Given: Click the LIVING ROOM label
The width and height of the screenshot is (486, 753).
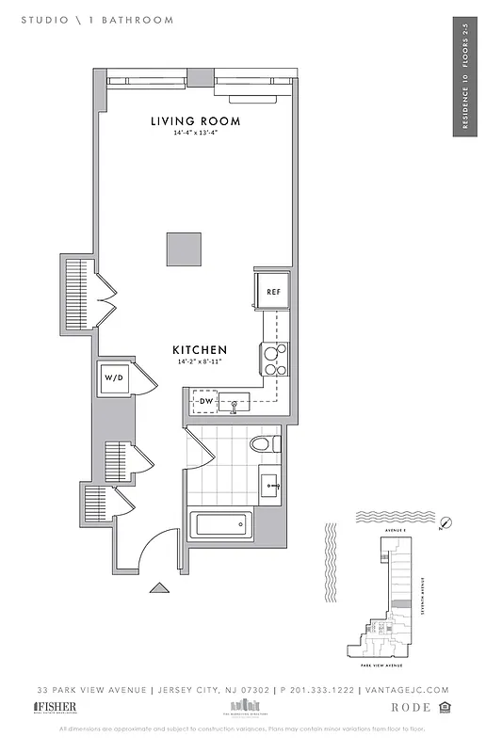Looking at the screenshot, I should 196,121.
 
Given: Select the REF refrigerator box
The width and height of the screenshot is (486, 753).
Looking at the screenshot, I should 273,292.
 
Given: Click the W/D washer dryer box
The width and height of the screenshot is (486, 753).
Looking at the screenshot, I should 114,377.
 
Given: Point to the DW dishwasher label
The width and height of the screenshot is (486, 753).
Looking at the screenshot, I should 207,402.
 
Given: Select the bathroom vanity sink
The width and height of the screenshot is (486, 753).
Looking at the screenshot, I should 271,487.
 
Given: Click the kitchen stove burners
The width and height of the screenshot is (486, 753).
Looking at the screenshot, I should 275,360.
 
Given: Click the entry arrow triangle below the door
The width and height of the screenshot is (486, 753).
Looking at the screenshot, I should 159,588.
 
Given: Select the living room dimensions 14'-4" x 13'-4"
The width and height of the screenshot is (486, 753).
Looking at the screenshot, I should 196,134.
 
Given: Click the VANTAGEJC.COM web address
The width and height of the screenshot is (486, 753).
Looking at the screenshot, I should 407,690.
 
